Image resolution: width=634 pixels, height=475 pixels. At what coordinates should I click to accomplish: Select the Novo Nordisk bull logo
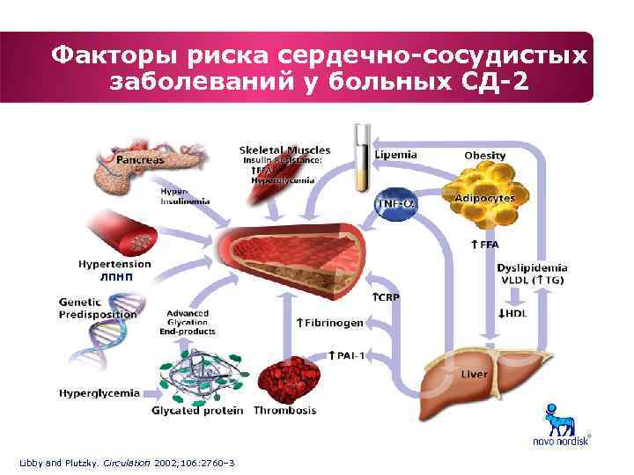coord(557,421)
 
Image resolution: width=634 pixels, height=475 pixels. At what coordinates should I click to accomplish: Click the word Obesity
coord(485,156)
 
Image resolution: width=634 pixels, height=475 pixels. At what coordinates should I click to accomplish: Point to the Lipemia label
coord(395,154)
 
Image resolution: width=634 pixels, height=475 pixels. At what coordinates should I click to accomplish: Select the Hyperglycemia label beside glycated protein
coord(99,393)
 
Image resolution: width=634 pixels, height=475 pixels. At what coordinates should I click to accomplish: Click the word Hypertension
coord(114,263)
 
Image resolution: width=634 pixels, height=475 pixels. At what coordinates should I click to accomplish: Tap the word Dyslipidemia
coord(532,267)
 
